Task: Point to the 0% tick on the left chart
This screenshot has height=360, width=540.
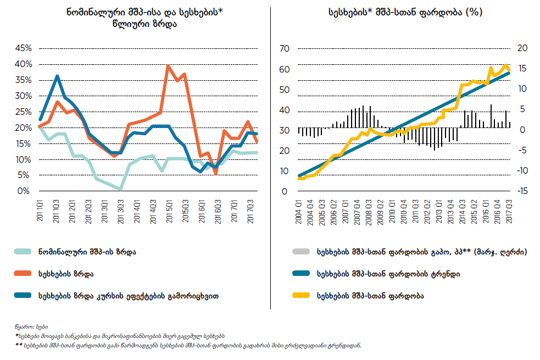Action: [x=24, y=191]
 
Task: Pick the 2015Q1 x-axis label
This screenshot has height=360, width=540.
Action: [x=169, y=209]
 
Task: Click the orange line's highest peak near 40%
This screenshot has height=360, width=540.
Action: [x=168, y=66]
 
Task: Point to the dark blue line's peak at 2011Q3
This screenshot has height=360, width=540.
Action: [x=57, y=76]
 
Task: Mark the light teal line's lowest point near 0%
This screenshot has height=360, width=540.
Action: [x=120, y=189]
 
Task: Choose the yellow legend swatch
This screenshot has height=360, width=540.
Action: [x=301, y=295]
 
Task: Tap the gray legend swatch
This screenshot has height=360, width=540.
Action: [x=301, y=252]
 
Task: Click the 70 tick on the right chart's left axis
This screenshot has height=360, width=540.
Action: [x=284, y=48]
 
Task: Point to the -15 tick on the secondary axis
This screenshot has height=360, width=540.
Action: [x=523, y=191]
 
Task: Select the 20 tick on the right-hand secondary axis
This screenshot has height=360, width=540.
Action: [x=522, y=48]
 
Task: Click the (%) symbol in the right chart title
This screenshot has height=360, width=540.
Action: [x=474, y=12]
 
